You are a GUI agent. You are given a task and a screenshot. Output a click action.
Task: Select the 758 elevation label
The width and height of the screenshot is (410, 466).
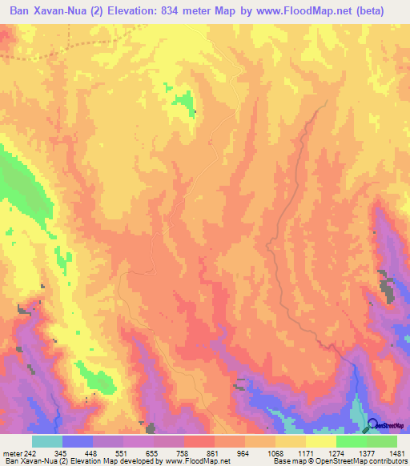[x=183, y=452]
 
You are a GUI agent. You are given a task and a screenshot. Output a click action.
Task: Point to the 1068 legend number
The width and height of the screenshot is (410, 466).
[x=274, y=452]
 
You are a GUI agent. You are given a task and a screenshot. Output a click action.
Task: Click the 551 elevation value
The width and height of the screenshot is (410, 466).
[x=123, y=452]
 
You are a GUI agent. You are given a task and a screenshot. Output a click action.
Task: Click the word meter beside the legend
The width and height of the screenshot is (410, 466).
[x=12, y=452]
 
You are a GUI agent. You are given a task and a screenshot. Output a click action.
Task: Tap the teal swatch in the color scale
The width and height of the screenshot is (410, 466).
[x=47, y=441]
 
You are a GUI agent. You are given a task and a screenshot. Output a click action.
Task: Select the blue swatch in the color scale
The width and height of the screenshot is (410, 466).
[x=78, y=441]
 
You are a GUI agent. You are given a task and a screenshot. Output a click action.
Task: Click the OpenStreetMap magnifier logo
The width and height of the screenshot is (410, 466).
[x=374, y=425]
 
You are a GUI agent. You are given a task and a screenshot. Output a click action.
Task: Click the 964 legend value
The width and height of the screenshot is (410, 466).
[x=243, y=452]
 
